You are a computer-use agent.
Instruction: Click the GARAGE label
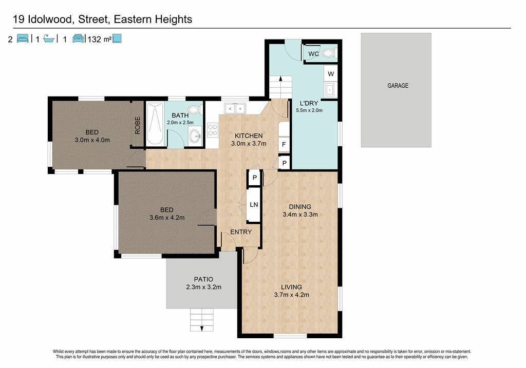point(398,86)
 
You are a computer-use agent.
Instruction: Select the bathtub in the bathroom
point(155,124)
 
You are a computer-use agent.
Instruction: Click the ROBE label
point(137,125)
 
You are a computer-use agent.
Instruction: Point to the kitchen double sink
point(235,108)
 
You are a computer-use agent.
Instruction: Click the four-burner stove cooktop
point(212,130)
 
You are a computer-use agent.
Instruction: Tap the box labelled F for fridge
point(284,144)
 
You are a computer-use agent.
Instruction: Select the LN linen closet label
point(254,204)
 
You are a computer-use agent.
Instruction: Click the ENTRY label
point(241,232)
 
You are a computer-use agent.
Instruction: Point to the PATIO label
point(203,279)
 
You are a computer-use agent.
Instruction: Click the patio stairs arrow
point(202,327)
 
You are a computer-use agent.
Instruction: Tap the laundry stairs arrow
point(280,79)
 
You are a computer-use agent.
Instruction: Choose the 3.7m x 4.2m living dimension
point(292,295)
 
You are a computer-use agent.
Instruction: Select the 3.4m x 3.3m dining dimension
point(300,215)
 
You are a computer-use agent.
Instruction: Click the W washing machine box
point(331,74)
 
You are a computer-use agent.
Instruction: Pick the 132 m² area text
point(99,39)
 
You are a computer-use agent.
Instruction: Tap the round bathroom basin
point(195,136)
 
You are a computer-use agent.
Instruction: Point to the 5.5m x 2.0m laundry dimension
point(309,110)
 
